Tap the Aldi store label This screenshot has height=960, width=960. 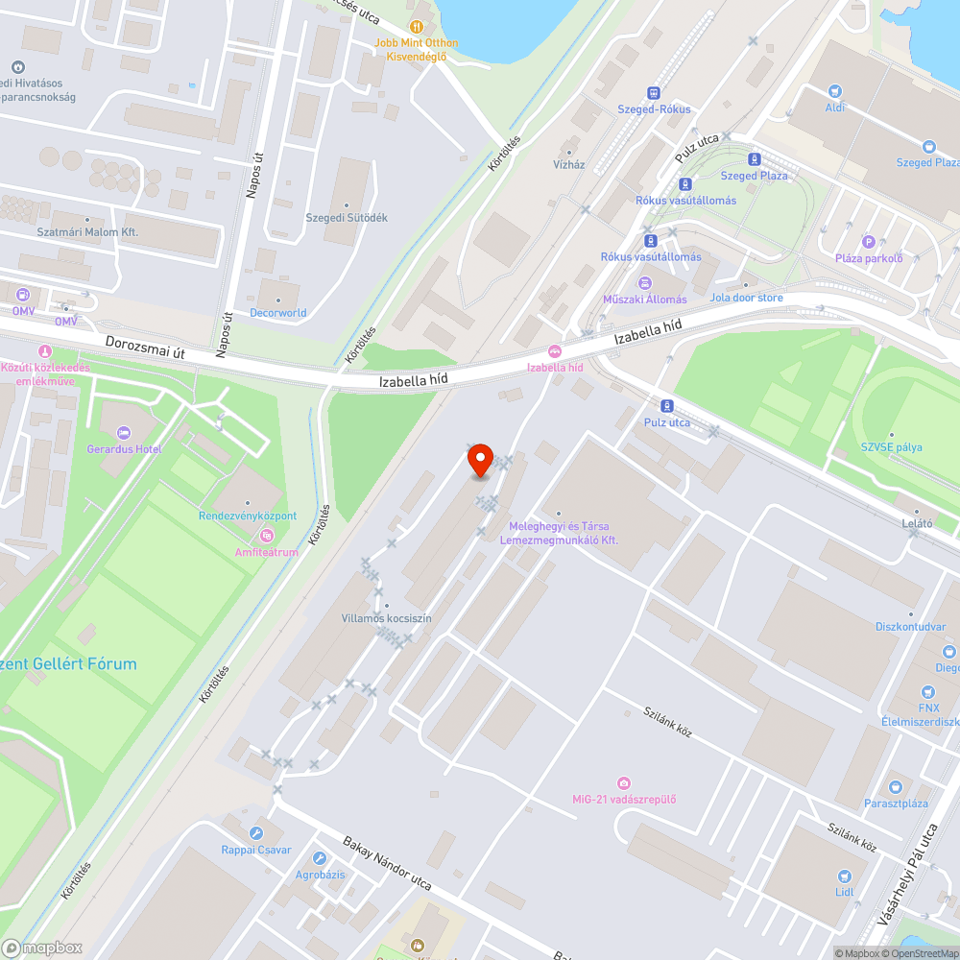tap(835, 107)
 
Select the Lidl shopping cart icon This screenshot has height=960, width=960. tap(844, 876)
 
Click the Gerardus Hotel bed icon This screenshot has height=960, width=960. tap(122, 434)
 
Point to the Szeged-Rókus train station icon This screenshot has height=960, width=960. tap(654, 93)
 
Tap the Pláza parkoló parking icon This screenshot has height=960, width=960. tap(869, 242)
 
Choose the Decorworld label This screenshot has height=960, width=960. tap(278, 312)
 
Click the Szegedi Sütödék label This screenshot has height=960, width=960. tap(347, 218)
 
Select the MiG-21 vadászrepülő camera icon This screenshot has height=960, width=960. tap(625, 783)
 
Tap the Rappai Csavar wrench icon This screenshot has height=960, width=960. tap(255, 832)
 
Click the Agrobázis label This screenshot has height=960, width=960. tap(321, 876)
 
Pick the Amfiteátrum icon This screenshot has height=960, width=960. tap(266, 535)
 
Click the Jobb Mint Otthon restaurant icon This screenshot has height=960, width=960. tap(417, 27)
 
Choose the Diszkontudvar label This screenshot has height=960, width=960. tap(910, 627)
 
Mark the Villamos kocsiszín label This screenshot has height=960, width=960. tap(387, 618)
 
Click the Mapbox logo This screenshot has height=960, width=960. tap(43, 948)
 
